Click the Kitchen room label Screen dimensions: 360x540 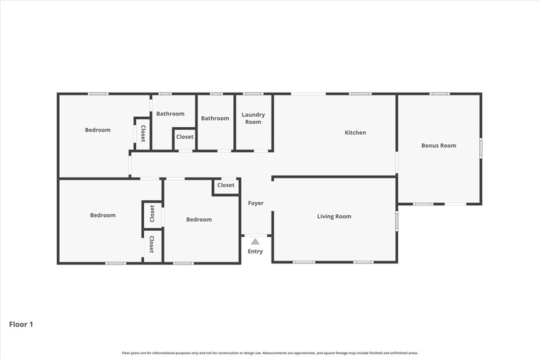click(355, 133)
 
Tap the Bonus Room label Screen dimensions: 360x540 click(439, 146)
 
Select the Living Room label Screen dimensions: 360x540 click(334, 216)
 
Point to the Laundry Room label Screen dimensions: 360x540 click(253, 118)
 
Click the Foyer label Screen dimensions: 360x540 click(256, 203)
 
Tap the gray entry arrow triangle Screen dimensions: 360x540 click(255, 242)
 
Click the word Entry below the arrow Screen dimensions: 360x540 click(255, 252)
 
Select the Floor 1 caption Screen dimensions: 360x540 click(21, 325)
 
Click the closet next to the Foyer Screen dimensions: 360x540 click(226, 185)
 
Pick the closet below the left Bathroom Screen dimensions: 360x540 click(184, 137)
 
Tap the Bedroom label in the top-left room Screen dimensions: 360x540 click(97, 130)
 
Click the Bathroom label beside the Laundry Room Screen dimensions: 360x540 click(215, 118)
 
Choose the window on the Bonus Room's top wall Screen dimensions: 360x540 click(440, 93)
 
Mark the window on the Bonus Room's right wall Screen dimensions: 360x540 click(481, 148)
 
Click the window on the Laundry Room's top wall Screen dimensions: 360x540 click(253, 93)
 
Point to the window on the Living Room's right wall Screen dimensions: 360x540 click(397, 221)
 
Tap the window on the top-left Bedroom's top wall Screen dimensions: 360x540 click(98, 93)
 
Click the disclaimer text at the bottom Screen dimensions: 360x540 click(270, 353)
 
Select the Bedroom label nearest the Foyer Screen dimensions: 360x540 click(199, 219)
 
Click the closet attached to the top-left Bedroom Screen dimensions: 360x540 click(143, 133)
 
